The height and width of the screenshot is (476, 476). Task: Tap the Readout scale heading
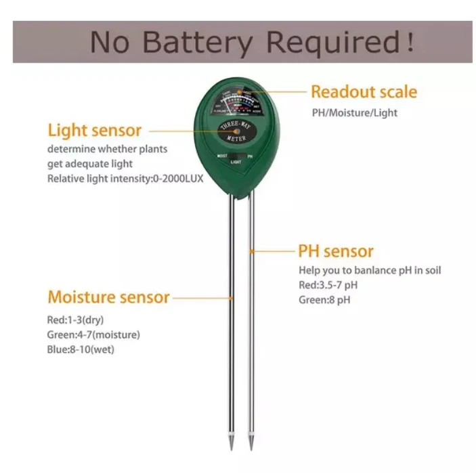(x=364, y=92)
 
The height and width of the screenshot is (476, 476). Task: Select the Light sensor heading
(x=94, y=130)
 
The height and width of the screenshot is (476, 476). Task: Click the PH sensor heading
(x=336, y=251)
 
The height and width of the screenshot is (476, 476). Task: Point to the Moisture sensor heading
(x=108, y=297)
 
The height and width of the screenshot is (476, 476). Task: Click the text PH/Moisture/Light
(x=354, y=112)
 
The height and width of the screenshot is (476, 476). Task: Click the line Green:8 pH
(x=324, y=299)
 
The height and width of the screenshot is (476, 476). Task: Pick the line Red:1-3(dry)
(x=75, y=320)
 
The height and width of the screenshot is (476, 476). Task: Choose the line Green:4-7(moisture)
(x=94, y=334)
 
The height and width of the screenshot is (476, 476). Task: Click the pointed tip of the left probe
(x=231, y=447)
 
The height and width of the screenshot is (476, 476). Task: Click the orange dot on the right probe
(x=252, y=251)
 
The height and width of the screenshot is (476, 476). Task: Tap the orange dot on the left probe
(x=232, y=297)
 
